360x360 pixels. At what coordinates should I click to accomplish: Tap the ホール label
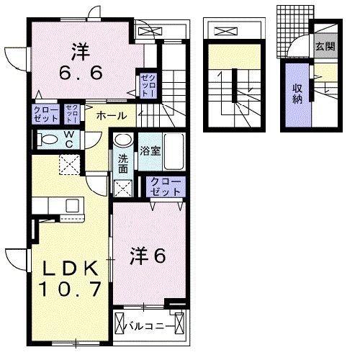point(111,115)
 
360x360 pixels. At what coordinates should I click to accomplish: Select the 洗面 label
point(123,163)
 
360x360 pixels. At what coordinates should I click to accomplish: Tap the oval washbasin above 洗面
point(124,140)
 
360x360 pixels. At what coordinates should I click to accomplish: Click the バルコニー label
point(150,325)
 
